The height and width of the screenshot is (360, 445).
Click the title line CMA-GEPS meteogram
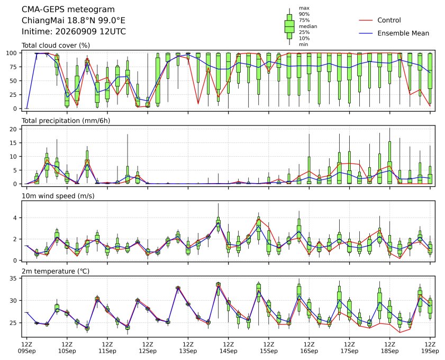click(x=68, y=10)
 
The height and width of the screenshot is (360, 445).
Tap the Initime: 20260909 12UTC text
click(x=74, y=31)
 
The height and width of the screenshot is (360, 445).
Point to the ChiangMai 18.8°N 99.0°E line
click(x=74, y=21)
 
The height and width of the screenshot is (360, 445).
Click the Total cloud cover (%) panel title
click(x=56, y=46)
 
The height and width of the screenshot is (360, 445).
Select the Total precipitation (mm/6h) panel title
click(x=66, y=121)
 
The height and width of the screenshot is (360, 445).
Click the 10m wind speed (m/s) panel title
click(x=58, y=196)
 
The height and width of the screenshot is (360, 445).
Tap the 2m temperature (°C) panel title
click(x=56, y=271)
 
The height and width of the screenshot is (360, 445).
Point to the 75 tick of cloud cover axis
click(x=14, y=67)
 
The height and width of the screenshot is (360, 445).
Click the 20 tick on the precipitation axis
click(x=14, y=129)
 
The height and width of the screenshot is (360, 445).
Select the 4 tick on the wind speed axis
click(x=15, y=218)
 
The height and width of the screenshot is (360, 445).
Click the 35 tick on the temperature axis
click(x=14, y=278)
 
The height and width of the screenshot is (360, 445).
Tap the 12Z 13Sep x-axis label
click(x=188, y=348)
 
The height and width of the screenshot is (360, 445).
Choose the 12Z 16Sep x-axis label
click(x=309, y=348)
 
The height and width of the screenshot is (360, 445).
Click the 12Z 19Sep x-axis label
click(x=430, y=348)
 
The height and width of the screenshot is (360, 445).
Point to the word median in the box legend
click(x=308, y=26)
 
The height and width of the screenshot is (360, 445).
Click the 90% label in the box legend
click(x=304, y=14)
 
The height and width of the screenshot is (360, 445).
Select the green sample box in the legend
click(x=289, y=26)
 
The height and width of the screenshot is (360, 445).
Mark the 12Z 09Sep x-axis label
click(x=26, y=348)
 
